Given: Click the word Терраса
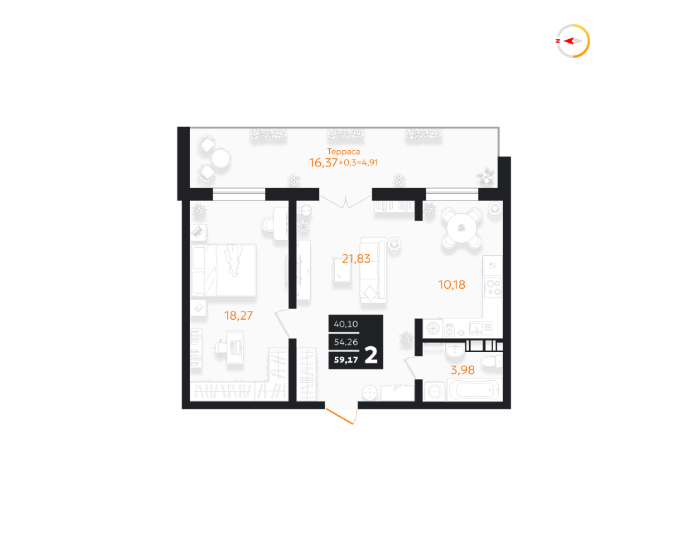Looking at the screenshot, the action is tap(344, 151).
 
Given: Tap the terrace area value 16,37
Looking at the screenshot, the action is tap(323, 163).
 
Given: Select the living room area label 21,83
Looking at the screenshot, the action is tap(356, 259).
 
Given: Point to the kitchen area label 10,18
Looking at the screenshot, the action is tap(451, 284).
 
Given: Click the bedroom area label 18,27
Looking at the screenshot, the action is tap(238, 315).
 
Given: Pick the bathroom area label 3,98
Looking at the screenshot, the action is tap(462, 370).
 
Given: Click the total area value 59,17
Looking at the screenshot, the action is tap(346, 359).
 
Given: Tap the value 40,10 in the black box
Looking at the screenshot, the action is tap(346, 324).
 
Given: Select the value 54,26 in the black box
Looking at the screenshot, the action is tap(346, 342).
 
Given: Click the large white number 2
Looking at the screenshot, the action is tap(371, 355).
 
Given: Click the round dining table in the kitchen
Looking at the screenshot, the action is tap(462, 228).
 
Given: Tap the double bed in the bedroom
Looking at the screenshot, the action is tap(224, 270).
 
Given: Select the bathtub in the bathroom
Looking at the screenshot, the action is tap(474, 390).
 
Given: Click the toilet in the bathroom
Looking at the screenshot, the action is tap(491, 362).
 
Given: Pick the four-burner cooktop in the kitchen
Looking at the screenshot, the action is tap(493, 286).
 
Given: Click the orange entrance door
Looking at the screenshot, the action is tap(341, 416).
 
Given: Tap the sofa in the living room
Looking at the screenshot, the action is tap(373, 270).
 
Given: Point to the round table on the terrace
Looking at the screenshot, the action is tap(219, 158).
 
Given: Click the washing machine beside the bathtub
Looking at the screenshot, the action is tap(434, 390).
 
